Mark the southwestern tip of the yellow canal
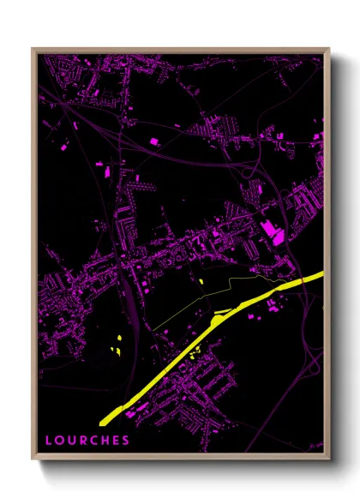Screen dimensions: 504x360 click(x=103, y=422)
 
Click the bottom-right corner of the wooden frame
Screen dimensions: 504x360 click(x=328, y=459)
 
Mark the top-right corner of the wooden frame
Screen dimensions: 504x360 click(x=328, y=49)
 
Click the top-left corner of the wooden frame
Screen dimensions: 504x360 click(x=33, y=49)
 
